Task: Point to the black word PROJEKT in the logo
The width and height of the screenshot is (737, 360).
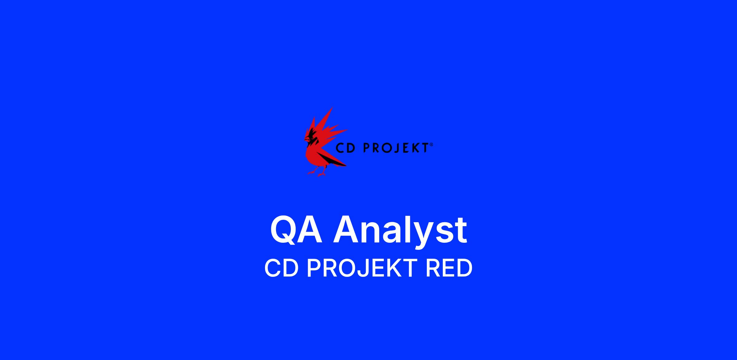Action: pos(396,148)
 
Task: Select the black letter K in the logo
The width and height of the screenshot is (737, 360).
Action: pos(415,148)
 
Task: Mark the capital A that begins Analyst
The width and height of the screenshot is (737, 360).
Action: pos(348,230)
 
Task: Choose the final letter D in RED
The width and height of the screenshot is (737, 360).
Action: pos(464,268)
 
